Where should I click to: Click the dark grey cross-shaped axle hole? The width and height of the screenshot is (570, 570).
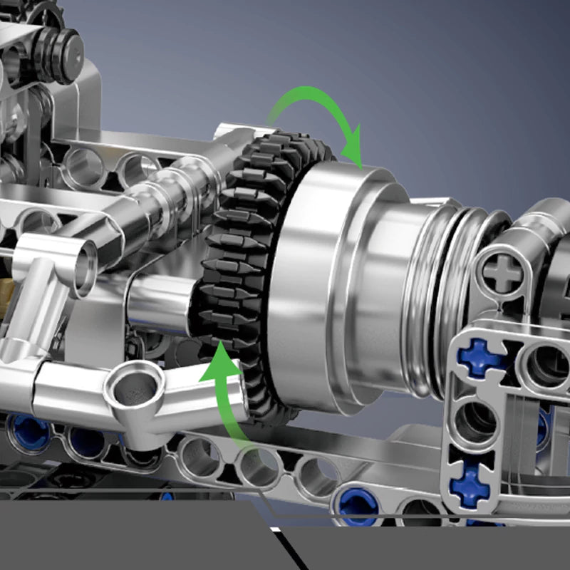pos(503,272)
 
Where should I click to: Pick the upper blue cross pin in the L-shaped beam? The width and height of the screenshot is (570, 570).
pos(480,358)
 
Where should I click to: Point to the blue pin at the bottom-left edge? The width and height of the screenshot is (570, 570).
pos(28,431)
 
